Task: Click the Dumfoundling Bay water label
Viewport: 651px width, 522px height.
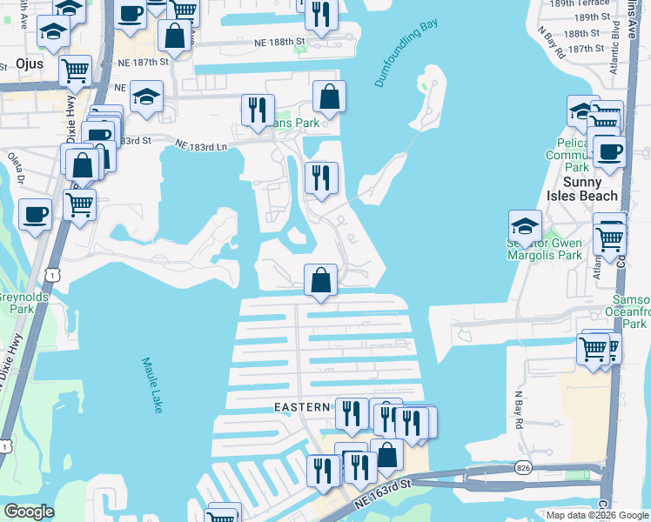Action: [x=406, y=54]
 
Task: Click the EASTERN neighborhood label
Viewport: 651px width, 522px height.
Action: [x=303, y=407]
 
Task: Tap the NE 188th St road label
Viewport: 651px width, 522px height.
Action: [x=279, y=41]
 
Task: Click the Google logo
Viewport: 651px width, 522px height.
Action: [x=29, y=511]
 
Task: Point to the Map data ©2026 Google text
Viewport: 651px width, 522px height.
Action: [x=597, y=515]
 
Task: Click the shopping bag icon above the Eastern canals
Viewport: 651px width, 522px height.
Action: [x=321, y=280]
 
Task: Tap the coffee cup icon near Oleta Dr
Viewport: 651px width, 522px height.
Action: [x=35, y=214]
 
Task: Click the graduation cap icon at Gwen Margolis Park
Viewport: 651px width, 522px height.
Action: [x=525, y=227]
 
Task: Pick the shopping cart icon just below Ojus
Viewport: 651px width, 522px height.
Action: [x=76, y=70]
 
